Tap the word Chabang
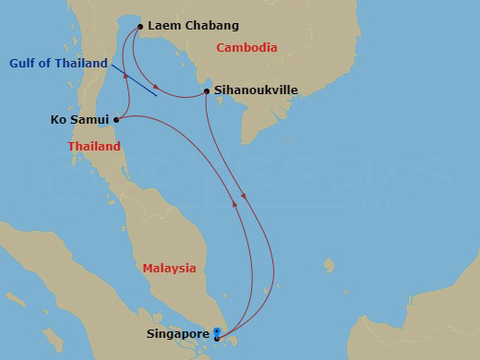(210, 26)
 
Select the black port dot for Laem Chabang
(140, 26)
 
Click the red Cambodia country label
(246, 47)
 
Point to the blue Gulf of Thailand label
(59, 63)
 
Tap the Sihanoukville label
(256, 91)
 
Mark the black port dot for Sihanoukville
(206, 91)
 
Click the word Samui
(90, 119)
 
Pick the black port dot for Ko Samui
(116, 119)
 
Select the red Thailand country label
(94, 147)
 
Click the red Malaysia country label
(169, 268)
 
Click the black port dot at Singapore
(216, 339)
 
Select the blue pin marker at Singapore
(216, 331)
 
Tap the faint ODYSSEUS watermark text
(277, 175)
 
